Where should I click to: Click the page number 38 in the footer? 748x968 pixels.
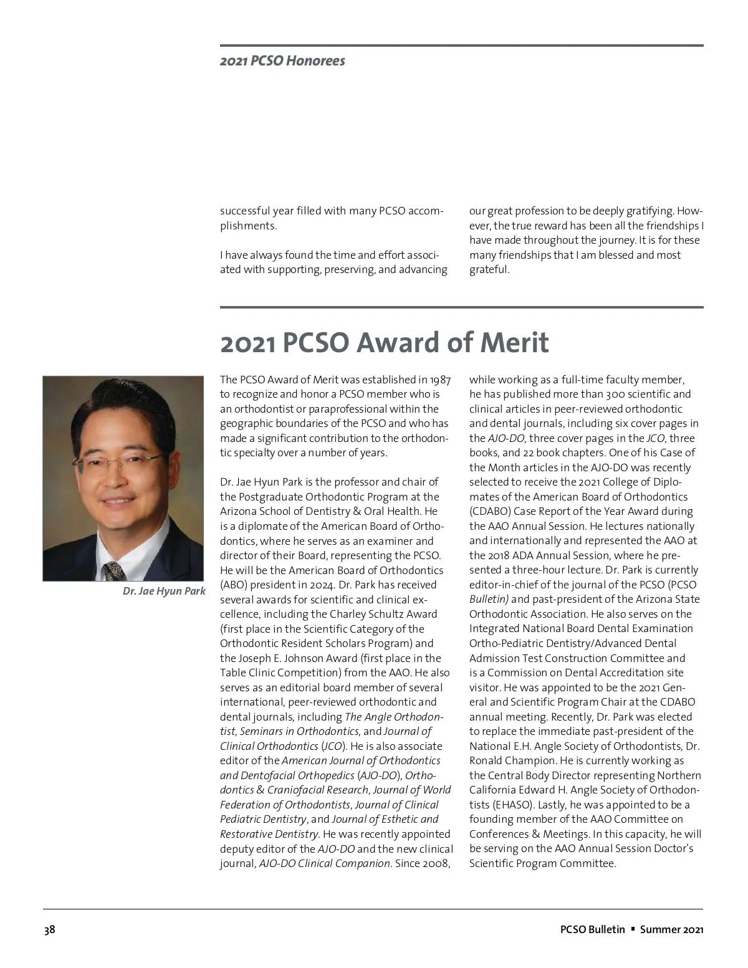(49, 929)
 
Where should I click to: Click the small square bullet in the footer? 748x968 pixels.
(632, 929)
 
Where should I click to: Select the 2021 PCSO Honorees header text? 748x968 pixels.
(282, 61)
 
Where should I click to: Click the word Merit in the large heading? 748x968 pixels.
(514, 343)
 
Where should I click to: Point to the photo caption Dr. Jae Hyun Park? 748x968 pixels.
(164, 591)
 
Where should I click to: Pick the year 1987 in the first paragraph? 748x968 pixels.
(440, 380)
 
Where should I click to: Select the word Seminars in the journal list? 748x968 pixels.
(261, 731)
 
